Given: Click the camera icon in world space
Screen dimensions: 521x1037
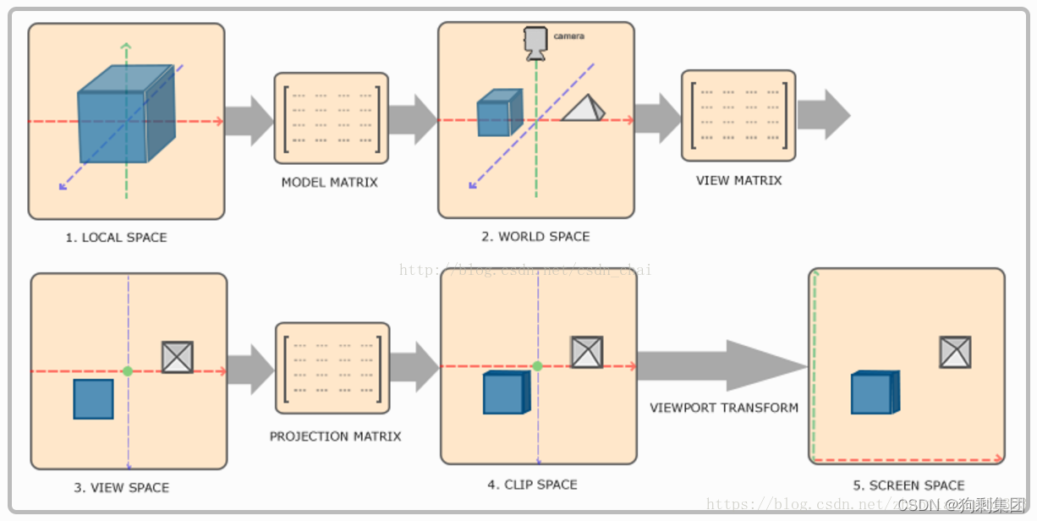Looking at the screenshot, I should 535,42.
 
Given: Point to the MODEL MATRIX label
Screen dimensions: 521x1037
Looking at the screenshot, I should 329,182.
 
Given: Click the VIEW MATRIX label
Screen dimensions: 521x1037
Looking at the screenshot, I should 738,180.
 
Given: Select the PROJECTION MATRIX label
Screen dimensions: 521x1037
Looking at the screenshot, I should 335,436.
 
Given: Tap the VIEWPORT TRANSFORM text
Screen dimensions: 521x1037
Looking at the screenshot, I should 724,408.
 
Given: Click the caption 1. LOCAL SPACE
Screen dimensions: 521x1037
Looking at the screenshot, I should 116,238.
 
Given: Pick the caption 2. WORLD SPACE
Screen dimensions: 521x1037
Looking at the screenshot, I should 535,237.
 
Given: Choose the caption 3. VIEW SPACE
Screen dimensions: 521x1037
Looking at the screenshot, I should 121,487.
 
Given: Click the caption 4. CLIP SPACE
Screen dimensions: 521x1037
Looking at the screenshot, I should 532,485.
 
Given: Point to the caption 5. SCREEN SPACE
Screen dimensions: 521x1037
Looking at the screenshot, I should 908,485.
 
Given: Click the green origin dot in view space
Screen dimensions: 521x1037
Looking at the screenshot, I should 128,371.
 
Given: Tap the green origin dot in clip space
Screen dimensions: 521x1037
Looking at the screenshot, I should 537,366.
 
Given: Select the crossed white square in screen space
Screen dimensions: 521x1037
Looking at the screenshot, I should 955,352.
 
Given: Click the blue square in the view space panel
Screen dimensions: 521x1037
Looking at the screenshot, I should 93,398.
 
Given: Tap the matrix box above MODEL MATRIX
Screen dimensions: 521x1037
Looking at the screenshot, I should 331,118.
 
